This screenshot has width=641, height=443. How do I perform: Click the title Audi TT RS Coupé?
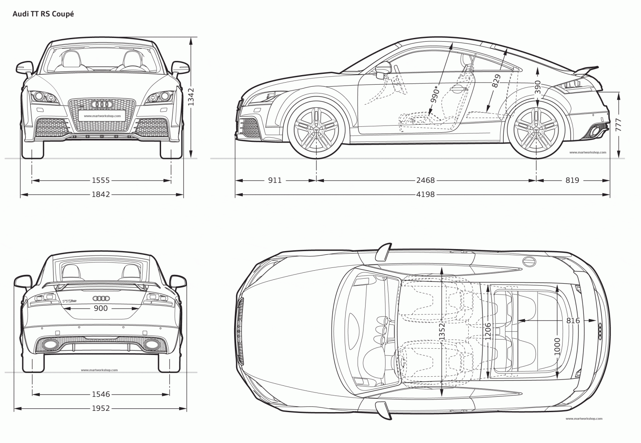43,14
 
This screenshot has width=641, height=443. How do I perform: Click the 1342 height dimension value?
192,97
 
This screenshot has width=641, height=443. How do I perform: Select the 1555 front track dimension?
101,181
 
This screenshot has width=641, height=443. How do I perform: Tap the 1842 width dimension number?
101,194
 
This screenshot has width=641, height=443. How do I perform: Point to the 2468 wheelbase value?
425,181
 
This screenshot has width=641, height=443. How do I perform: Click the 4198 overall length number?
425,194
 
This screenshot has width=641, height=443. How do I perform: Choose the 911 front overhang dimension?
275,181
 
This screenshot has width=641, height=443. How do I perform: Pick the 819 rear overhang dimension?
573,181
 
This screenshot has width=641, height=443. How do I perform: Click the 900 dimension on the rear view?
101,308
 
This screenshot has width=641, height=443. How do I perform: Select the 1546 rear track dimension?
101,394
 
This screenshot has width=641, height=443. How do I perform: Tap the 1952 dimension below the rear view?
101,408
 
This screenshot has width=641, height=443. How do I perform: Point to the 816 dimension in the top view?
573,320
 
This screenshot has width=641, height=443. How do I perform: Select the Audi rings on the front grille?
101,104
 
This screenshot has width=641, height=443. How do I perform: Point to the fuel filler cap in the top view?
529,262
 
